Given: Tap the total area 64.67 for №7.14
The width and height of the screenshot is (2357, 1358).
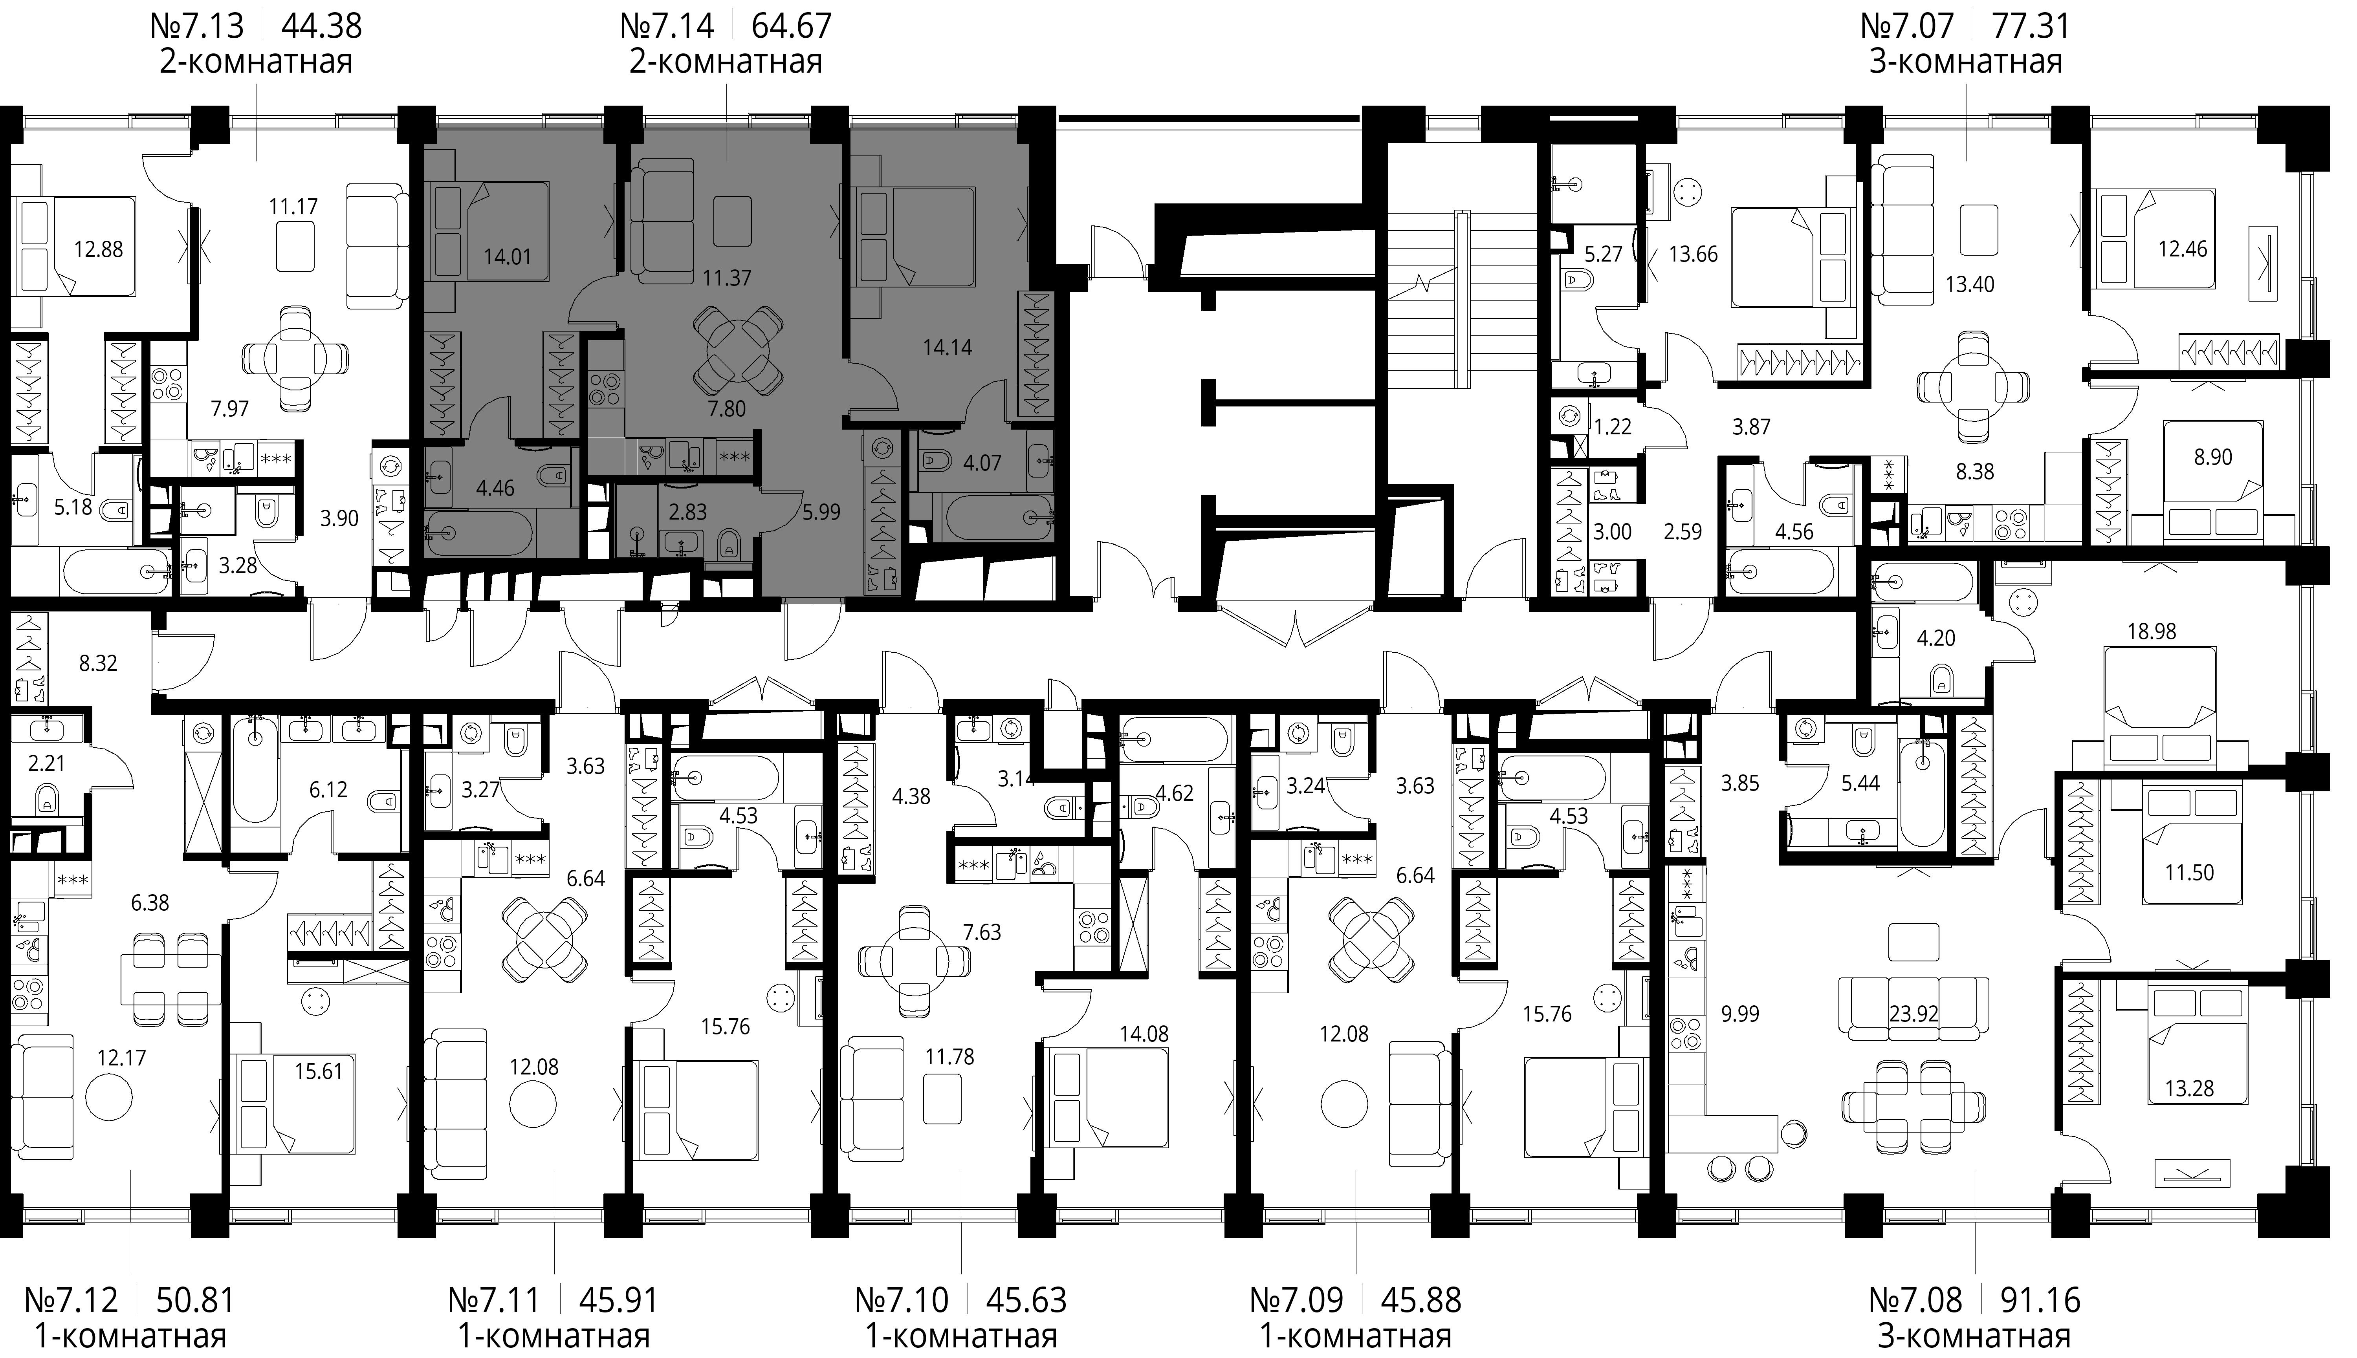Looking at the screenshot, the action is coord(791,25).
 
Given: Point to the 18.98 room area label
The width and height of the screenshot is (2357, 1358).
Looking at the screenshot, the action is coord(2152,631).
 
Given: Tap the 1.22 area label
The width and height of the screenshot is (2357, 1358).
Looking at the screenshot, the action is coord(1613,427).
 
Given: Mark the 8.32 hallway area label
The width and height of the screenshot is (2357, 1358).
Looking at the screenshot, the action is coord(98,664).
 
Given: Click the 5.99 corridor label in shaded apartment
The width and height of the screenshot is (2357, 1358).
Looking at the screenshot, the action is coord(821,512).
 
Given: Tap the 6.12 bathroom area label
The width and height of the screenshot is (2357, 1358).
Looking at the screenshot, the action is coord(328,790).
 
